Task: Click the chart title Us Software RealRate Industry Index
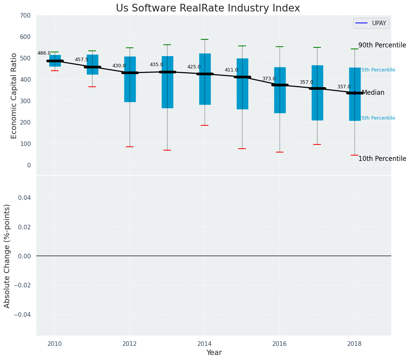[x=208, y=8]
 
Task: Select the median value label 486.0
[x=44, y=54]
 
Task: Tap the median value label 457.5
[x=81, y=60]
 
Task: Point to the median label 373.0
[x=269, y=79]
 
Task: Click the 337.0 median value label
[x=344, y=87]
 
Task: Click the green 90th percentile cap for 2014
[x=205, y=39]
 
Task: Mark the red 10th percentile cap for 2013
[x=167, y=150]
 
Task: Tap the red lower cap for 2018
[x=355, y=155]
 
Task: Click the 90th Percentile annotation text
[x=382, y=45]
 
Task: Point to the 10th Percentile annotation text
[x=382, y=159]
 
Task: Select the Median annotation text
[x=373, y=93]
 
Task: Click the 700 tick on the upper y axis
[x=26, y=15]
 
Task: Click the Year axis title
[x=214, y=353]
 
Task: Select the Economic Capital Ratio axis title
[x=14, y=96]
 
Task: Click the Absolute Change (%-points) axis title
[x=7, y=256]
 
